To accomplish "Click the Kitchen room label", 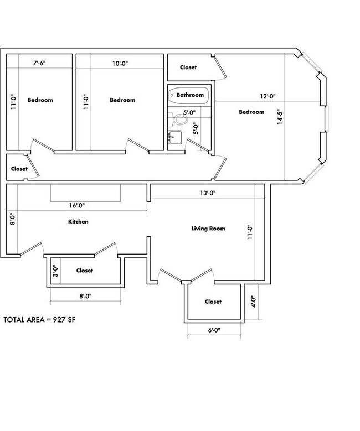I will tap(78, 222).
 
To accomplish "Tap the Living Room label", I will tap(208, 228).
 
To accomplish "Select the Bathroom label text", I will tap(191, 95).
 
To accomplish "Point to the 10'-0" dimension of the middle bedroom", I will tap(119, 64).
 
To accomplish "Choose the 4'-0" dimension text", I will tap(253, 303).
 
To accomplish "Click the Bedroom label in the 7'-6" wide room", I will tap(40, 100).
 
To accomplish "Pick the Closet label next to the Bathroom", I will tap(188, 67).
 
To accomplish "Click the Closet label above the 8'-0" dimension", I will tap(84, 271).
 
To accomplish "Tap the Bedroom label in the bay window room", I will tap(251, 112).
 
